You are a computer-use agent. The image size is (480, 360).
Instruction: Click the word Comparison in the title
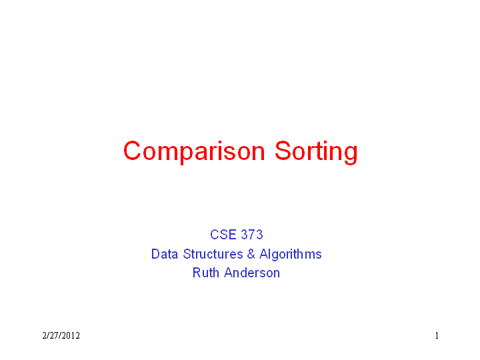coord(194,152)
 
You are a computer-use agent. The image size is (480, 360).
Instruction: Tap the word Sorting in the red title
coord(316,152)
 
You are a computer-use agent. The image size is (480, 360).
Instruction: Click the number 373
coord(252,235)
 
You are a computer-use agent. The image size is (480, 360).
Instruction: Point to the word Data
coord(165,254)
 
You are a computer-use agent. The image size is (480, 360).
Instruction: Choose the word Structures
coord(213,254)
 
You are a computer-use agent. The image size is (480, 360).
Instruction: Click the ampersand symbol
coord(251,254)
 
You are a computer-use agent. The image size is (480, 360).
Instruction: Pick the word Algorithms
coord(291,255)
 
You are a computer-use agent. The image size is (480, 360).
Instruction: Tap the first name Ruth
coord(206,273)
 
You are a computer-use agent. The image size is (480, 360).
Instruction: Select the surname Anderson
coord(252,273)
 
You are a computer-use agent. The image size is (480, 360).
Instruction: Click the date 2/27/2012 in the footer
coord(61,336)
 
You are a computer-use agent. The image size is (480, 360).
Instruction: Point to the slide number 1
coord(437,336)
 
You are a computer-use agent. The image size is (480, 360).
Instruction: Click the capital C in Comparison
coord(132,151)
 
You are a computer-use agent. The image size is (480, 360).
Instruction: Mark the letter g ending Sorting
coord(351,155)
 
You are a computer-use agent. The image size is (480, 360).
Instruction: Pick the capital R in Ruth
coord(197,273)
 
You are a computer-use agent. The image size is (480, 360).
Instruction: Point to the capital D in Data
coord(156,254)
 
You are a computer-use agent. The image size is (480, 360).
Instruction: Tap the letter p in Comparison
coord(186,155)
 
